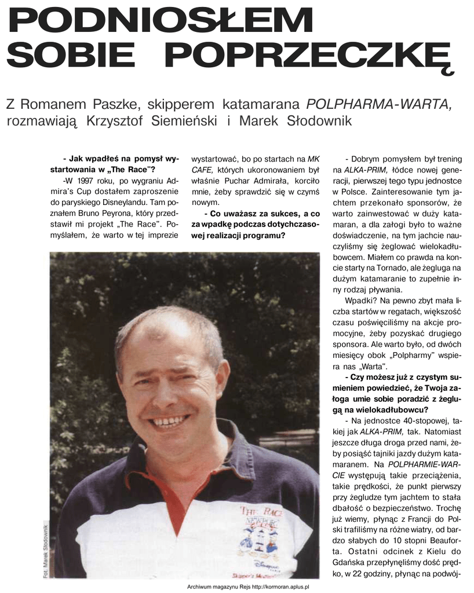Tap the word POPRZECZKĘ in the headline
click(x=312, y=56)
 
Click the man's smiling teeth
click(x=169, y=421)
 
